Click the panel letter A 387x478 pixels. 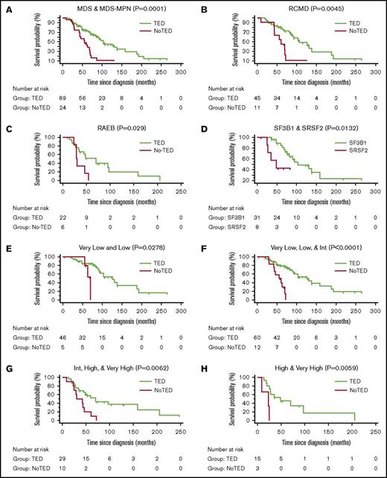click(5, 6)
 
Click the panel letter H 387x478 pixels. click(200, 366)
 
